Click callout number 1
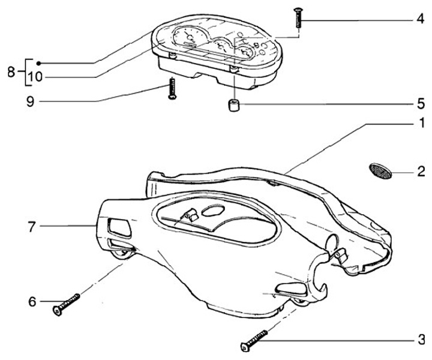click(422, 124)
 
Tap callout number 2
click(422, 172)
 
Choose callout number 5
click(422, 103)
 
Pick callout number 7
click(32, 226)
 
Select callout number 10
click(35, 77)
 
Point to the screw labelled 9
click(172, 88)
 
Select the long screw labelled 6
click(67, 303)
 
